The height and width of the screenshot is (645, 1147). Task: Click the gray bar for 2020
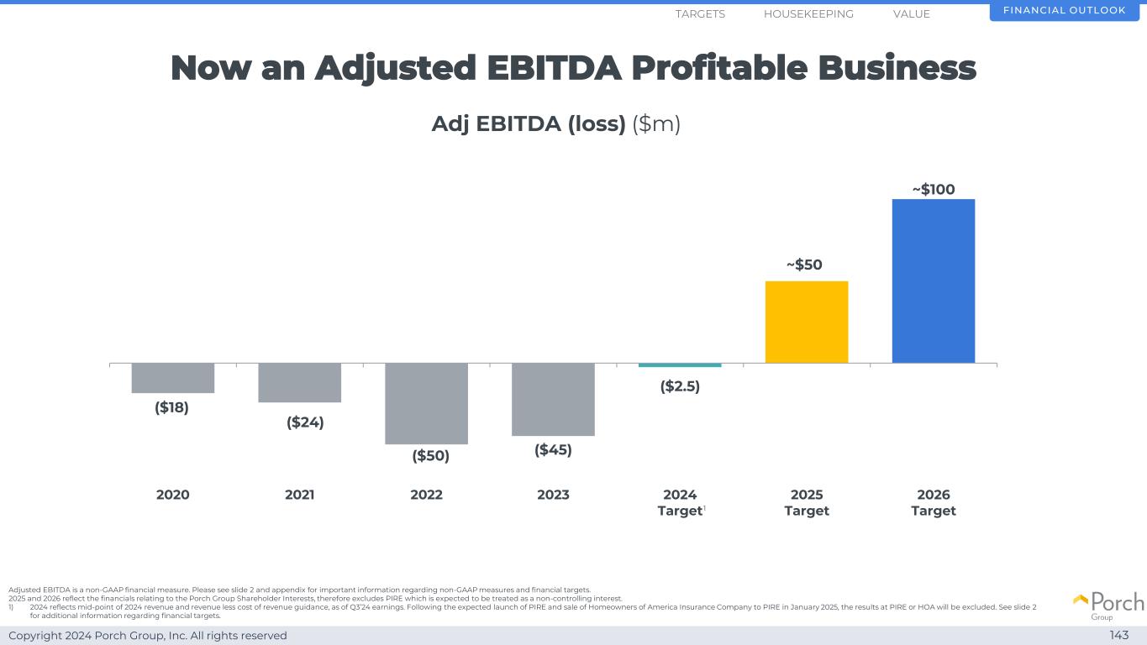pos(173,378)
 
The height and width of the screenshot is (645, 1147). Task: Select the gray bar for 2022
pos(426,403)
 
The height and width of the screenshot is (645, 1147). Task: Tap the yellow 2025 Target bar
pos(807,322)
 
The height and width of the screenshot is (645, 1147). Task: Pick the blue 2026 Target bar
pos(933,281)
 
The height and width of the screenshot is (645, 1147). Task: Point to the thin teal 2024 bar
pos(680,365)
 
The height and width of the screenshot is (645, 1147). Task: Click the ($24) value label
pos(305,422)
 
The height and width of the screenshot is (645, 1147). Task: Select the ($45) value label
pos(553,450)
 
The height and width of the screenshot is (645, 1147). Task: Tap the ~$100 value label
pos(934,190)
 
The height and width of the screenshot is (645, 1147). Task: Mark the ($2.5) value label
pos(680,386)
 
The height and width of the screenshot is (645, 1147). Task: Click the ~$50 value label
pos(804,265)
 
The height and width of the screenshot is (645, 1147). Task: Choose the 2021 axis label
pos(300,495)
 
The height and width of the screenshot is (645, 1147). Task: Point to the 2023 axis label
pos(553,495)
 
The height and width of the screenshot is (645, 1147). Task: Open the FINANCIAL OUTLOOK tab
pos(1066,11)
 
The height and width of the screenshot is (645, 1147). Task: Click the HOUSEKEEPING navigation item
pos(808,14)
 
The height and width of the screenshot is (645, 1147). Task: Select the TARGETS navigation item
pos(700,14)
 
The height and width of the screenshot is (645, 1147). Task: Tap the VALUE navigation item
pos(912,14)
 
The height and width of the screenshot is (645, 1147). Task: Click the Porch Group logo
pos(1108,605)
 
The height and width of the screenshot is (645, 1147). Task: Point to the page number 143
pos(1118,635)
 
